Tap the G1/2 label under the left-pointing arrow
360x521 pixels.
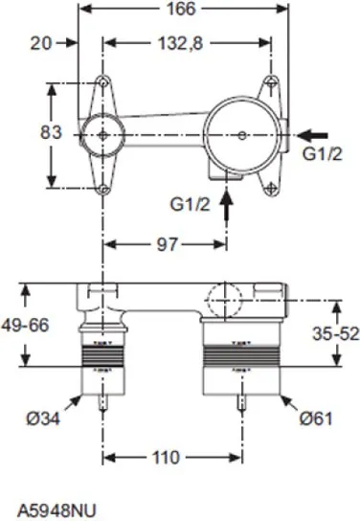pos(325,157)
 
